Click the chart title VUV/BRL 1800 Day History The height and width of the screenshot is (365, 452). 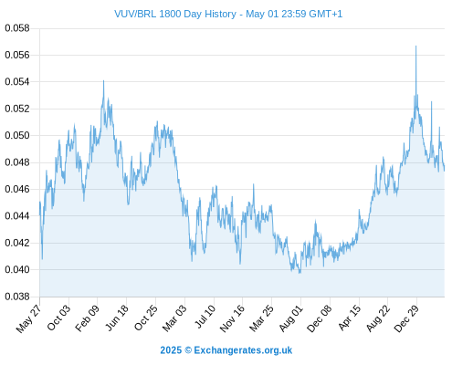(x=175, y=14)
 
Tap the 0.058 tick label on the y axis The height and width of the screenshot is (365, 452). (x=17, y=28)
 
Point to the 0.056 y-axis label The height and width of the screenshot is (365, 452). (x=17, y=55)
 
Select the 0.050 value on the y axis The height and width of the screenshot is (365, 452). (x=17, y=135)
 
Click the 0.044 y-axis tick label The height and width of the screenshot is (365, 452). (x=17, y=216)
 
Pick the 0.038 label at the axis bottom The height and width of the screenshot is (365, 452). (x=17, y=297)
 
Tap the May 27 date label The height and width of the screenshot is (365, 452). (x=28, y=318)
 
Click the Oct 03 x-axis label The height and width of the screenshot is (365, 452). (x=58, y=318)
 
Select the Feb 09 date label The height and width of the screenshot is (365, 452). (x=87, y=318)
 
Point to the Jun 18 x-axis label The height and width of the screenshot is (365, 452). (x=117, y=318)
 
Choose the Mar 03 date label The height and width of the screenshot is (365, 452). (x=174, y=318)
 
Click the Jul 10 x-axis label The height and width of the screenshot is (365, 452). (x=205, y=316)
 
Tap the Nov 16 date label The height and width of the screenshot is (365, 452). (x=232, y=318)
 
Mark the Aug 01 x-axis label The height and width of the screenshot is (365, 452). (x=291, y=318)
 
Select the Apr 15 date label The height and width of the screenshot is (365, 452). (x=350, y=318)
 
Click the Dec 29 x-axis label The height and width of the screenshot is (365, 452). (x=406, y=318)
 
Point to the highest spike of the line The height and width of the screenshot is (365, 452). (x=415, y=46)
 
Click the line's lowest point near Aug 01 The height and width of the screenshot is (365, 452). (x=300, y=273)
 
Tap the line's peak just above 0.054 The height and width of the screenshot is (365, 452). (x=103, y=80)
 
